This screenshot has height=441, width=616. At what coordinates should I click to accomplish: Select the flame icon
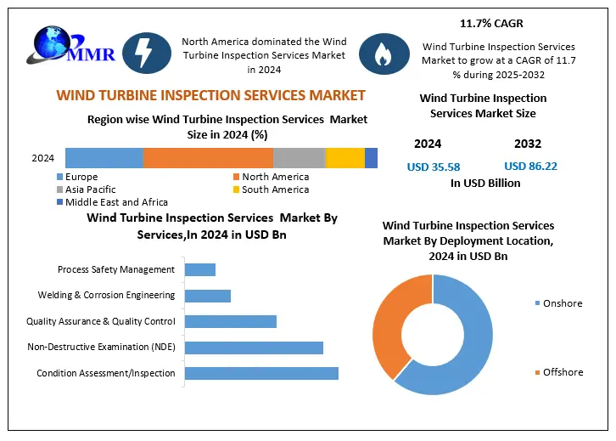pyautogui.click(x=379, y=54)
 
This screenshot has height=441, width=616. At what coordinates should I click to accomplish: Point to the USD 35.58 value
pyautogui.click(x=434, y=167)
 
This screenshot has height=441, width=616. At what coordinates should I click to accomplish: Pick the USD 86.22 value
pyautogui.click(x=530, y=167)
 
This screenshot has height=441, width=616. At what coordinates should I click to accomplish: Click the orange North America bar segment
pyautogui.click(x=208, y=158)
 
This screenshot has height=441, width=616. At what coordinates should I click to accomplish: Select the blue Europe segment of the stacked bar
pyautogui.click(x=104, y=158)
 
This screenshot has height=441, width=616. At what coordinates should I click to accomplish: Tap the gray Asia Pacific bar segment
pyautogui.click(x=299, y=158)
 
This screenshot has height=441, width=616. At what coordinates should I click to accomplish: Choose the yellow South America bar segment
pyautogui.click(x=344, y=158)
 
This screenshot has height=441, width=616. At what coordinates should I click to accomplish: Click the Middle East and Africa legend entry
pyautogui.click(x=115, y=202)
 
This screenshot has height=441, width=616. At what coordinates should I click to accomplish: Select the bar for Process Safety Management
pyautogui.click(x=199, y=269)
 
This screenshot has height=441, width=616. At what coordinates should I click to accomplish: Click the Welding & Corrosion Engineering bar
pyautogui.click(x=207, y=296)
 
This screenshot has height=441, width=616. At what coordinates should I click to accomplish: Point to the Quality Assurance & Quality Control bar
pyautogui.click(x=230, y=321)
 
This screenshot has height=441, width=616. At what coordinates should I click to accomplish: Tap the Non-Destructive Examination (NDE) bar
pyautogui.click(x=254, y=348)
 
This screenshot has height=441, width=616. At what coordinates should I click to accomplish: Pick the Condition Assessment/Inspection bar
pyautogui.click(x=261, y=373)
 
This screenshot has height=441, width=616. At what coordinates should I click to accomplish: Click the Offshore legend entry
pyautogui.click(x=561, y=373)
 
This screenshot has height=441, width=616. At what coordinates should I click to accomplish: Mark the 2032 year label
pyautogui.click(x=527, y=144)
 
